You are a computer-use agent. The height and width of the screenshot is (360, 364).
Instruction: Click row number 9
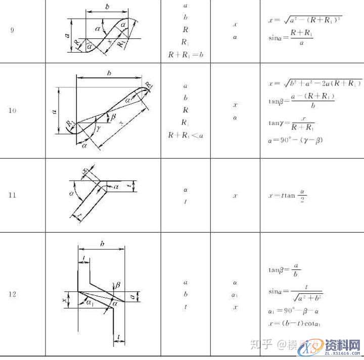click(12, 30)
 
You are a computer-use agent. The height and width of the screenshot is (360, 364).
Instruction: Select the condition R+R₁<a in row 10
click(185, 134)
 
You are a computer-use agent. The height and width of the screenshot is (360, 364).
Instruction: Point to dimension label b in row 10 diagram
click(109, 73)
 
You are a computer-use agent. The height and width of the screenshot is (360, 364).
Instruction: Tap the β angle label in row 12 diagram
click(117, 286)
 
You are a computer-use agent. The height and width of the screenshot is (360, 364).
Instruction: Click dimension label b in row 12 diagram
click(103, 244)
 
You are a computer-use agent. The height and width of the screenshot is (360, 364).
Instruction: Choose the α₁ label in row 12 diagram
click(89, 303)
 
